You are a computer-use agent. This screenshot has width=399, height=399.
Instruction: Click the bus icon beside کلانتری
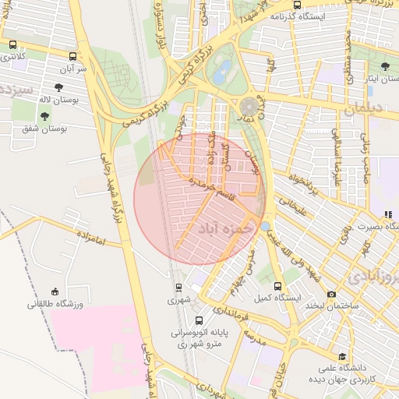coord(12,44)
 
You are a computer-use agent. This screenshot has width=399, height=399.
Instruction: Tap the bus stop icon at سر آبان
coord(73,56)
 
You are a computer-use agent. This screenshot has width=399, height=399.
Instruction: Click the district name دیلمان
coord(359,111)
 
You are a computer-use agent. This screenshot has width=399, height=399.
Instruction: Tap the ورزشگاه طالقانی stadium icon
coord(54,290)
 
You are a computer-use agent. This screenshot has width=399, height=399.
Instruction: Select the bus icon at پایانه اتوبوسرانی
coord(199,320)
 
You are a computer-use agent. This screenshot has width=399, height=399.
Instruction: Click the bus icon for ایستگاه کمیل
coord(279,285)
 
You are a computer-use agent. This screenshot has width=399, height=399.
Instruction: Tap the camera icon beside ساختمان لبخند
coord(332,294)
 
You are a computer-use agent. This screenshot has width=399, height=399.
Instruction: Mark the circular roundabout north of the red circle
coord(249,105)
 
